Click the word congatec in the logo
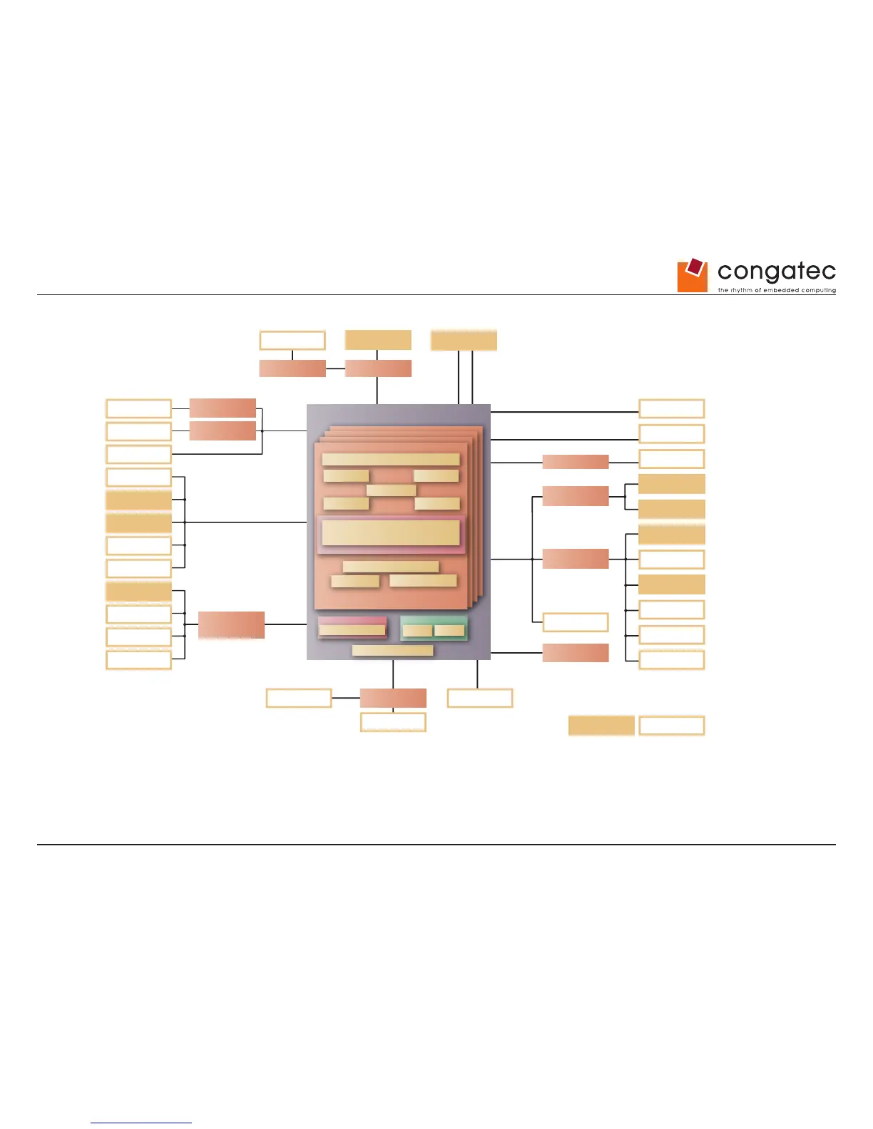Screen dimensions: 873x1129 (776, 271)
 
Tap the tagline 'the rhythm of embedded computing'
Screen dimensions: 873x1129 (776, 290)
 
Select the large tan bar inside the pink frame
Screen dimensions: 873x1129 (390, 532)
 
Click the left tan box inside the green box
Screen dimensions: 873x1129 (417, 630)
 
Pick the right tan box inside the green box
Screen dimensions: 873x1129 (449, 630)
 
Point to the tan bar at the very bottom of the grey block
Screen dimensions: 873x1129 (392, 650)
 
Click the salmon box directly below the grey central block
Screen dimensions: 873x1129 (393, 698)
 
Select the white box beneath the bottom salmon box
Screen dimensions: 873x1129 (393, 722)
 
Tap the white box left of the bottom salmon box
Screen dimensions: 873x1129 (299, 698)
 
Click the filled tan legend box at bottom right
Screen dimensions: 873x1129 (601, 726)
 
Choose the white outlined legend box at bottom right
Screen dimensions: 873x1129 (671, 726)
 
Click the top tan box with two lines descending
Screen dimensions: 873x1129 (464, 341)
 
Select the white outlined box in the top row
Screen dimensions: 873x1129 (292, 340)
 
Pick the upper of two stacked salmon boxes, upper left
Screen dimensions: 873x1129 (223, 408)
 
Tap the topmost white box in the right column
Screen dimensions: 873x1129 (671, 408)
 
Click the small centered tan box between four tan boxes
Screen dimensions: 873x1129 (391, 490)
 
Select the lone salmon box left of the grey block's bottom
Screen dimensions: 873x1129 (231, 624)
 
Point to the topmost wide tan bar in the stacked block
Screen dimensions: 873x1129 (390, 460)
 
